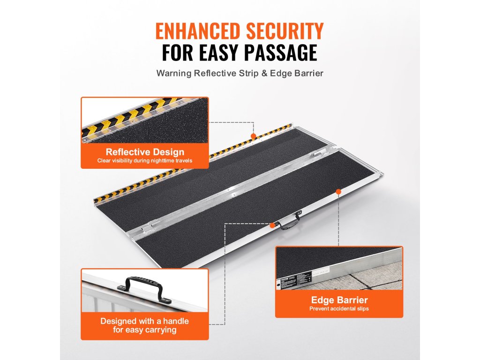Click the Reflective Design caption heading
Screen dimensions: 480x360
[145, 152]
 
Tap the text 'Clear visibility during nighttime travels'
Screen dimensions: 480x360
[145, 161]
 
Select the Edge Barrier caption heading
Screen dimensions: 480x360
[339, 300]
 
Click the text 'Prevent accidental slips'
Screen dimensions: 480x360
[339, 308]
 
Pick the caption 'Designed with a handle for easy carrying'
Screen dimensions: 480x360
[145, 325]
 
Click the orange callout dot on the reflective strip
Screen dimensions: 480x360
[254, 136]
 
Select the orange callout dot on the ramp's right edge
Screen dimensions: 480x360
[338, 191]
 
